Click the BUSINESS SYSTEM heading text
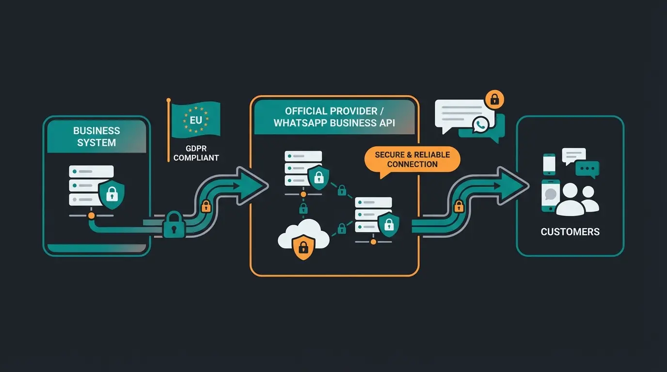pos(96,137)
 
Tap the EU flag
pos(195,119)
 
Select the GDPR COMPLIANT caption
pos(196,153)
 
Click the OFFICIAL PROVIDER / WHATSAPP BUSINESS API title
pos(334,117)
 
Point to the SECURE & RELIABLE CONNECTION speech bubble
pos(412,159)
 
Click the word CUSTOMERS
pos(570,232)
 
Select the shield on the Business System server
pos(111,195)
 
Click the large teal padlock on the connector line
pos(174,224)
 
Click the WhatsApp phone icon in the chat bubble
pos(480,124)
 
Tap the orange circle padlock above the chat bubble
pos(494,100)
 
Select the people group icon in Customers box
pos(577,200)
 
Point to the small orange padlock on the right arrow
pos(458,206)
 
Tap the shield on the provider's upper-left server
pos(318,177)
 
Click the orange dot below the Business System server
pos(91,215)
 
